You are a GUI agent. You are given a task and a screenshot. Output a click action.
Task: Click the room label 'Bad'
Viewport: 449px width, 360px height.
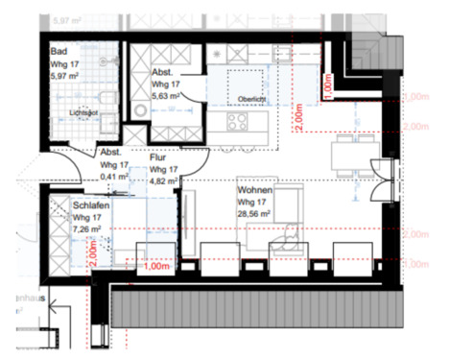click(x=60, y=54)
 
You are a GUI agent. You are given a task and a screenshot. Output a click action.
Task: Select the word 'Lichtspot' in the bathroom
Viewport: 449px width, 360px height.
click(x=86, y=112)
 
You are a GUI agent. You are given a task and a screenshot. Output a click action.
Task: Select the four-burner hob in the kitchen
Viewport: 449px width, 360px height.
click(x=236, y=122)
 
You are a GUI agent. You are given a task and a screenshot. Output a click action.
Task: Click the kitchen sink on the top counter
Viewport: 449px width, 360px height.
click(x=237, y=79)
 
